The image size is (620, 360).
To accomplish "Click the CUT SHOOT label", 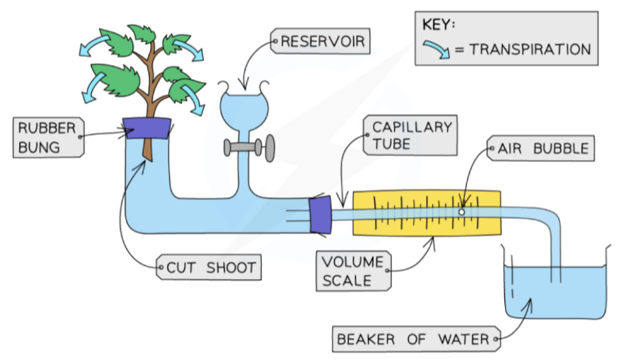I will pos(211,267).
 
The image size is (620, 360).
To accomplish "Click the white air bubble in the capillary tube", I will pos(461,212).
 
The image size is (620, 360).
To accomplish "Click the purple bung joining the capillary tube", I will pos(322,214).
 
